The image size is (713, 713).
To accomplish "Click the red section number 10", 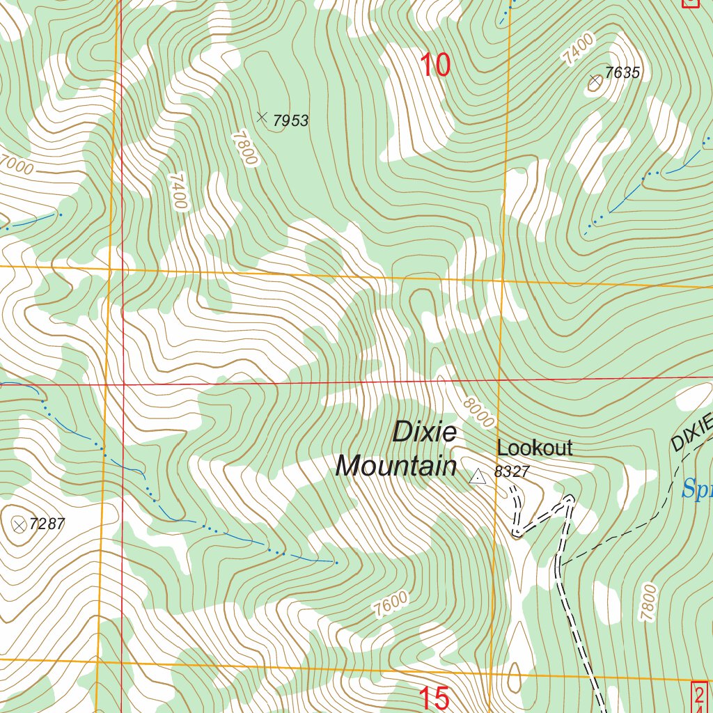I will point(435,65).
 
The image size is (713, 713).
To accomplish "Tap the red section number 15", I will point(434,698).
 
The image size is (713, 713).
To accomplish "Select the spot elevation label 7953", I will point(290,120).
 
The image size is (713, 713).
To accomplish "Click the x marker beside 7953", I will point(262,117).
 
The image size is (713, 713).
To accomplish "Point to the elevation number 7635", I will point(622,72).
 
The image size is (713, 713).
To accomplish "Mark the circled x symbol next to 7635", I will point(595,81).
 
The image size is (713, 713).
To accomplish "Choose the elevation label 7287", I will point(47,524).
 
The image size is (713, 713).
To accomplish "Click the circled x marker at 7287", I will point(19,525).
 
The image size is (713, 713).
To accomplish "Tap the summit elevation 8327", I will point(512,471).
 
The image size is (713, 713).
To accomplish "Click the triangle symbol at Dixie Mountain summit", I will point(478,476).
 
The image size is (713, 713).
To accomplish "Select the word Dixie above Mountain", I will point(425,432).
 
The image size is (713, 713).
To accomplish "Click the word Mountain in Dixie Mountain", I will point(395,466).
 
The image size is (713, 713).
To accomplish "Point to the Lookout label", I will point(534,448).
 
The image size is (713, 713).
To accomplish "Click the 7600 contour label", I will point(390,603).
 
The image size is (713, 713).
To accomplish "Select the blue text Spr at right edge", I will point(697,489).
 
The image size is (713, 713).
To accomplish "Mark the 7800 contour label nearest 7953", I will point(246,148).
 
